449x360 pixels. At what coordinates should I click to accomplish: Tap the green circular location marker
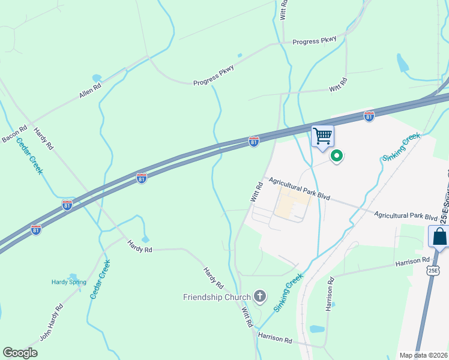[x=337, y=157]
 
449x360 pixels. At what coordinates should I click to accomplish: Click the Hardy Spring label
[x=68, y=282]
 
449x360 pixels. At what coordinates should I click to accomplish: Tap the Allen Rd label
[x=90, y=91]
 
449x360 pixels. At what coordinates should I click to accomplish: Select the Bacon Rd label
[x=14, y=134]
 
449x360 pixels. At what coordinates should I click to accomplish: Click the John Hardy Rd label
[x=52, y=323]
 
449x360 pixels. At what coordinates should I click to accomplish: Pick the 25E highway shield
[x=433, y=271]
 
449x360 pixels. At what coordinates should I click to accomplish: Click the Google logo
[x=20, y=352]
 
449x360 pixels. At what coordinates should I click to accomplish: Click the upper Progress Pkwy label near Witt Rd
[x=315, y=41]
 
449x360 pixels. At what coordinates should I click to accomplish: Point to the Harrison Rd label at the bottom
[x=275, y=339]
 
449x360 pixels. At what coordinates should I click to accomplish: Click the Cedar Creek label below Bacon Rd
[x=29, y=156]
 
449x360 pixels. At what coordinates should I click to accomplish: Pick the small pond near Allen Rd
[x=96, y=78]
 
